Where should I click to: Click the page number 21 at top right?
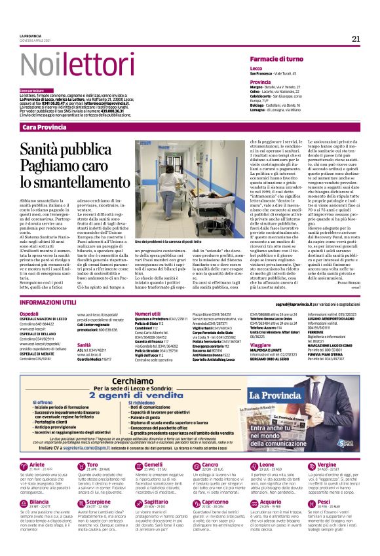click(356, 39)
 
